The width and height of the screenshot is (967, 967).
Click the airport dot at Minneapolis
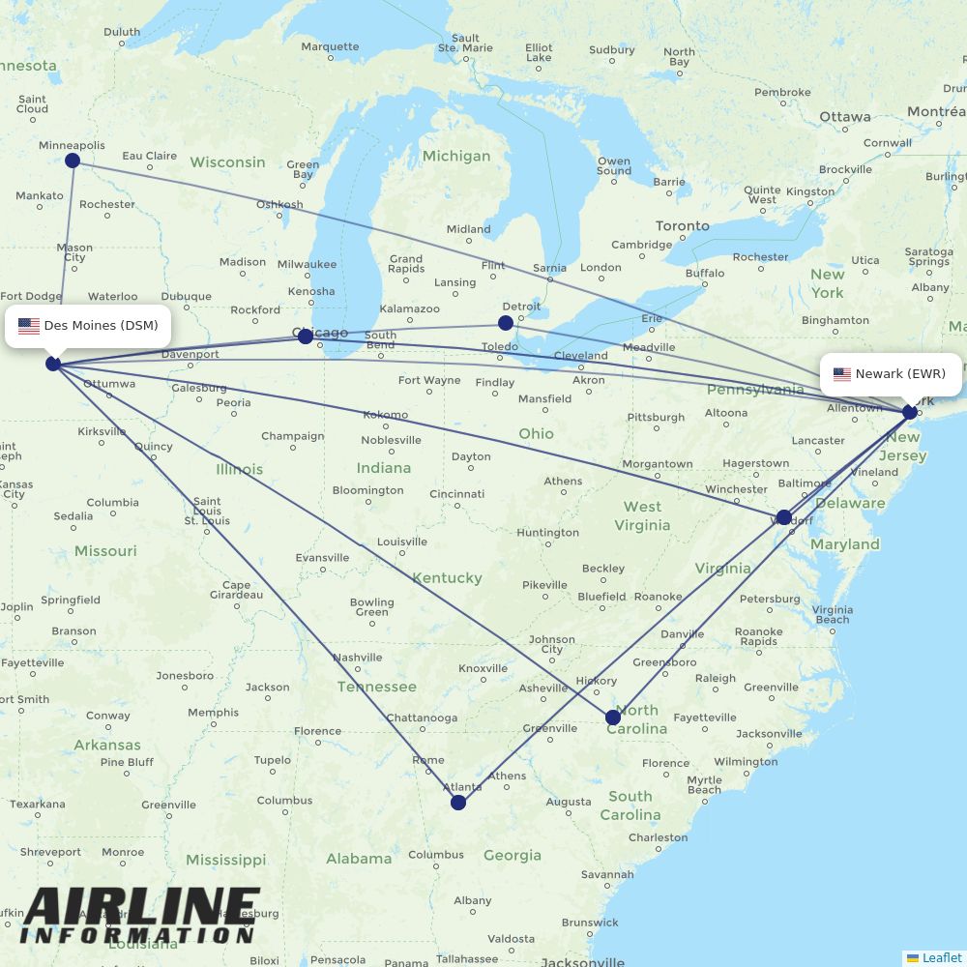(73, 161)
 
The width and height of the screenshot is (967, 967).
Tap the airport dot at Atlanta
(458, 803)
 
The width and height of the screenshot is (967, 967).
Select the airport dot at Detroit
(506, 323)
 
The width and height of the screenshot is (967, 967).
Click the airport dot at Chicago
(306, 337)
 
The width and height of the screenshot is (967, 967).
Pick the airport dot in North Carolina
(613, 718)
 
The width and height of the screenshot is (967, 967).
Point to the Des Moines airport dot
(53, 364)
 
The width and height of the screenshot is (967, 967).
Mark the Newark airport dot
(909, 412)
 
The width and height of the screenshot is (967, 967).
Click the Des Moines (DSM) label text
(101, 326)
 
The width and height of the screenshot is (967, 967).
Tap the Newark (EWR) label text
(900, 374)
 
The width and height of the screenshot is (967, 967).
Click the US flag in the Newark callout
(841, 374)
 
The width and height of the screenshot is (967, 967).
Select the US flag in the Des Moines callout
(29, 326)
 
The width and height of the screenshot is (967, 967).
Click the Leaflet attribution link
(941, 957)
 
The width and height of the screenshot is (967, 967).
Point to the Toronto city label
(682, 226)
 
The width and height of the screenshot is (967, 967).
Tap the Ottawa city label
(844, 117)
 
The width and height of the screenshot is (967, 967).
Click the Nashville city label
(357, 658)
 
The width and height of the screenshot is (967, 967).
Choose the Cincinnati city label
(457, 494)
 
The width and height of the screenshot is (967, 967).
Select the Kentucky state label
(447, 578)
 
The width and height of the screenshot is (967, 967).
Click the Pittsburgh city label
(656, 418)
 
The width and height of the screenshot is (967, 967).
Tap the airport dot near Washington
(784, 517)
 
